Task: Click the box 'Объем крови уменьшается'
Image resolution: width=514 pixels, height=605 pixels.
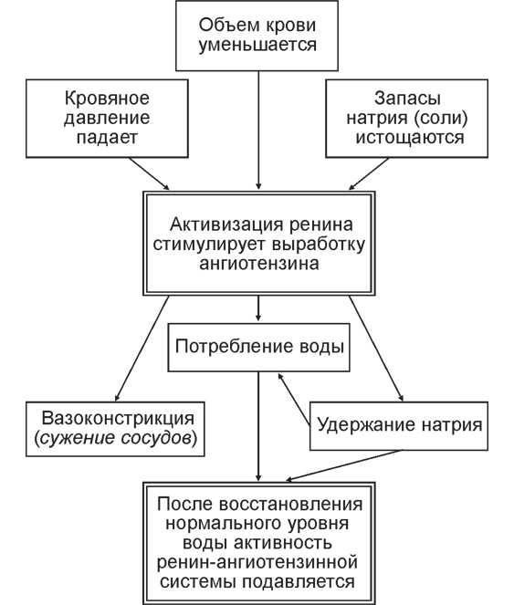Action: (x=258, y=34)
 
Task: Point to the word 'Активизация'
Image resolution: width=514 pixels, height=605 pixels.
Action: (x=214, y=224)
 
